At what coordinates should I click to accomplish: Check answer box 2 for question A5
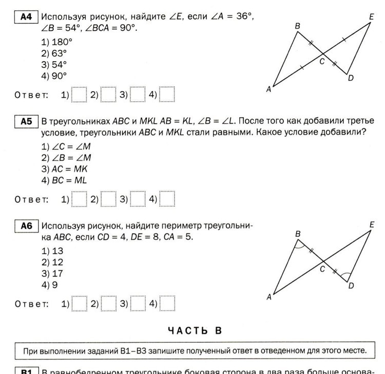tap(108, 199)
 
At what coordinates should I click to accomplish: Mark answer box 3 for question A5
tap(138, 199)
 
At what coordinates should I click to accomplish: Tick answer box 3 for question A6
tap(138, 303)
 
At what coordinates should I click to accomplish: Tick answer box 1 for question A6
tap(79, 303)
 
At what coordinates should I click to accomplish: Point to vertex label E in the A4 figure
tap(371, 17)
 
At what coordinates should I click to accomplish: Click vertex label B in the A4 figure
tap(298, 26)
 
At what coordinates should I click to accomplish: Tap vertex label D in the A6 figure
tap(351, 286)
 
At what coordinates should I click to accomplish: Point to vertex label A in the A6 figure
tap(268, 297)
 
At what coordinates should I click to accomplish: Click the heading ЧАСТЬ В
tap(192, 330)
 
